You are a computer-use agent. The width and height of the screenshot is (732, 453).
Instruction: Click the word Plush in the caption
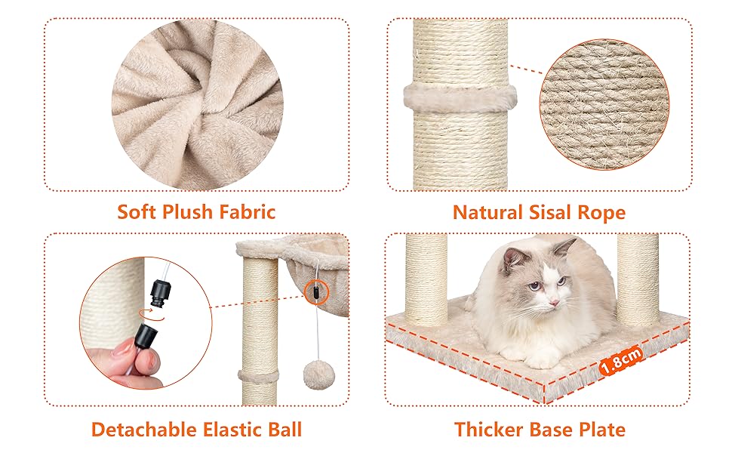click(x=189, y=212)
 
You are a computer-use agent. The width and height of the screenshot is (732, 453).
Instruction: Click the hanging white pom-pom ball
click(x=313, y=374)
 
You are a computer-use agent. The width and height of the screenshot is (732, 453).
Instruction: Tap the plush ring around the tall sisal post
click(x=460, y=98)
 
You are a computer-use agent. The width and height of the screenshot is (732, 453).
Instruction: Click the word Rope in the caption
click(x=601, y=213)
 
